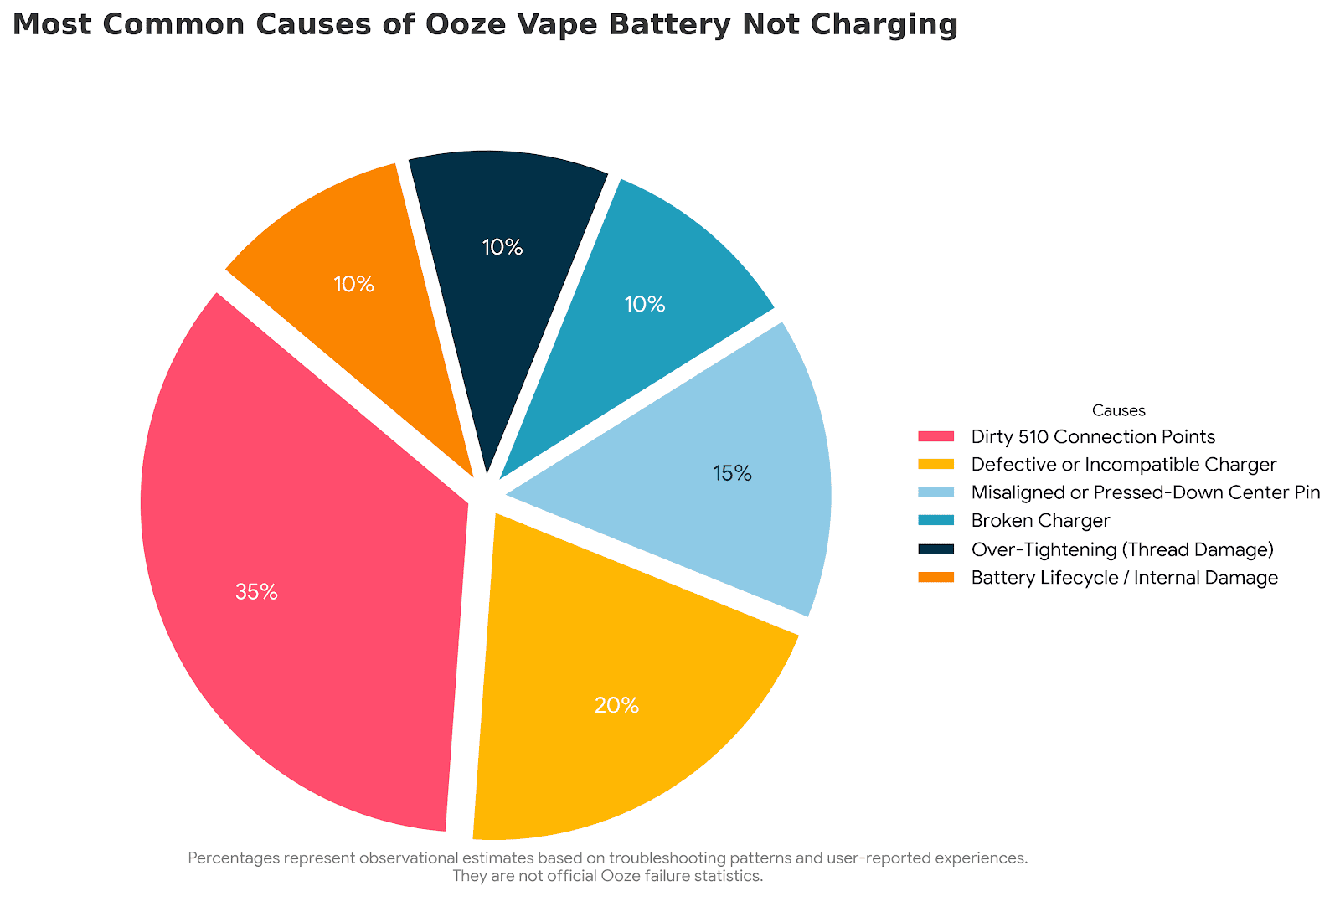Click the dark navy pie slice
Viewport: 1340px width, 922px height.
point(502,268)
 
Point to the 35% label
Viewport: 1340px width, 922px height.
point(256,592)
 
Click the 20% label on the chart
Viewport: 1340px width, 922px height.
point(616,706)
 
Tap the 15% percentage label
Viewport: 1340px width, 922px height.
point(732,474)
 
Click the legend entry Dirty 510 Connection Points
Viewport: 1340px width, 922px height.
point(1093,436)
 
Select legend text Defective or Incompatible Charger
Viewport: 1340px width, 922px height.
point(1124,465)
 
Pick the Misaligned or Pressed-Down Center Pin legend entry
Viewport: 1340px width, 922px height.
point(1146,492)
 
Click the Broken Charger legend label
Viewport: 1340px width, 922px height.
point(1040,521)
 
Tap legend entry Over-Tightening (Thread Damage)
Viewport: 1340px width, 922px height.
point(1122,549)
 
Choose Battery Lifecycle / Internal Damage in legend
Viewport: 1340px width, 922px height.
point(1125,578)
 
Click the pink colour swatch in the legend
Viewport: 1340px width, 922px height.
point(935,436)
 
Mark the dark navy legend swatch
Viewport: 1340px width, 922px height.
point(935,549)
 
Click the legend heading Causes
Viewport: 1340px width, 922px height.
point(1119,410)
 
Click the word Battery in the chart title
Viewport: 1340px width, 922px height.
point(669,26)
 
